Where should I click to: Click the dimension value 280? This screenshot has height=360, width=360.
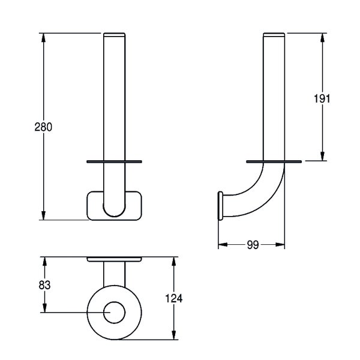pyautogui.click(x=43, y=127)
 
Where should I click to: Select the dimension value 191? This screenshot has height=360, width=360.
pyautogui.click(x=322, y=99)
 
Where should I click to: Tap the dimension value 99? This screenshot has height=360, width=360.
pyautogui.click(x=253, y=245)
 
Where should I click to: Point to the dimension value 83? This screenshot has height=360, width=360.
pyautogui.click(x=44, y=285)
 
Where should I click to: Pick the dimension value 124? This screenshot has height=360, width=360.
pyautogui.click(x=174, y=298)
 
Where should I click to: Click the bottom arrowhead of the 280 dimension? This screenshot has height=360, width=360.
pyautogui.click(x=43, y=215)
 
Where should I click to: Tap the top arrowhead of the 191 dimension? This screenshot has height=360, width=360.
pyautogui.click(x=323, y=38)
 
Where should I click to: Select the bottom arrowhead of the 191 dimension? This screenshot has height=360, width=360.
pyautogui.click(x=323, y=156)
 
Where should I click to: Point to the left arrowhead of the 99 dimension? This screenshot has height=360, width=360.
pyautogui.click(x=223, y=245)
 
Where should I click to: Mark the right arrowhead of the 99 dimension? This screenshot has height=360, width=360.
pyautogui.click(x=280, y=245)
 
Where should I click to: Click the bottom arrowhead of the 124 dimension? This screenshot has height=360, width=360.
pyautogui.click(x=174, y=335)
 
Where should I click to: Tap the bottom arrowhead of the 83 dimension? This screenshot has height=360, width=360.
pyautogui.click(x=44, y=308)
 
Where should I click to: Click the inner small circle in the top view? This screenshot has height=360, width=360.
pyautogui.click(x=114, y=313)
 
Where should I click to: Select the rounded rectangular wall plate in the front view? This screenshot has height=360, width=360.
pyautogui.click(x=114, y=206)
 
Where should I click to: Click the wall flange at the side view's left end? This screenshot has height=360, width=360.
pyautogui.click(x=220, y=206)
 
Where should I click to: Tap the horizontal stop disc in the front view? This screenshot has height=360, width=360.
pyautogui.click(x=114, y=161)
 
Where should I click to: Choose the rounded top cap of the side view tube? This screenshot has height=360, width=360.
pyautogui.click(x=274, y=35)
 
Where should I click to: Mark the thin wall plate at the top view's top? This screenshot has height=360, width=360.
pyautogui.click(x=114, y=259)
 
